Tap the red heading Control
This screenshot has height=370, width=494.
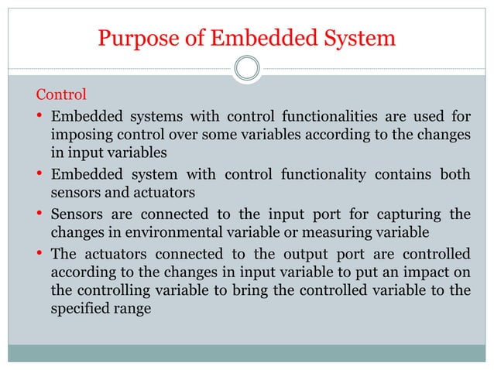pyautogui.click(x=61, y=95)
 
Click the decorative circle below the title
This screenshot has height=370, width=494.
pyautogui.click(x=247, y=69)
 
